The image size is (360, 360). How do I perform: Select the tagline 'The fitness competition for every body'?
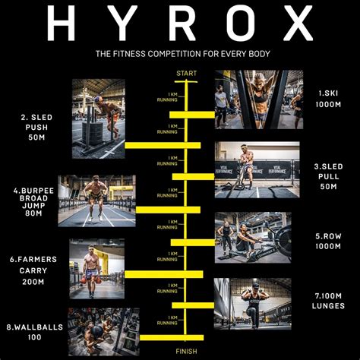pyautogui.click(x=180, y=54)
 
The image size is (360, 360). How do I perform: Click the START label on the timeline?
pyautogui.click(x=186, y=73)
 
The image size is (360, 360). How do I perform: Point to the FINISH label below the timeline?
pyautogui.click(x=186, y=351)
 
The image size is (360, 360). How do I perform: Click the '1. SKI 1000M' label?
pyautogui.click(x=330, y=98)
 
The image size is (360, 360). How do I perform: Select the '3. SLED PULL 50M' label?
pyautogui.click(x=330, y=175)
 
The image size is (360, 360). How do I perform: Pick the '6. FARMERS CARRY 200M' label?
pyautogui.click(x=32, y=270)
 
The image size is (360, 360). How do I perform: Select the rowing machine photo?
pyautogui.click(x=252, y=237)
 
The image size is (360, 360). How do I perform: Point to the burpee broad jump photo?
pyautogui.click(x=96, y=201)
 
